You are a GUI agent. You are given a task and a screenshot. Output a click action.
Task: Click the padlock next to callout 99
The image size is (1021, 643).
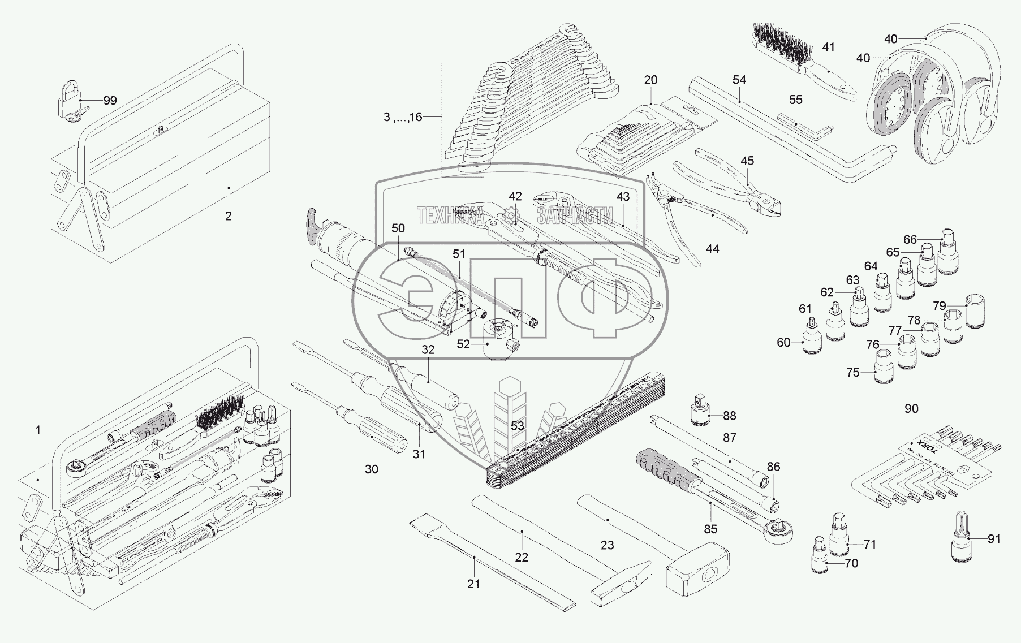pos(67,99)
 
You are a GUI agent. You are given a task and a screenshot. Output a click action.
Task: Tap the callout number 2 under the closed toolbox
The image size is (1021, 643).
pos(229,216)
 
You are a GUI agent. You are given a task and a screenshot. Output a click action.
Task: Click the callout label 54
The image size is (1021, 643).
pos(739,80)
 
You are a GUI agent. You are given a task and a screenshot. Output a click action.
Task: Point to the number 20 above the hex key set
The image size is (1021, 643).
pos(651,80)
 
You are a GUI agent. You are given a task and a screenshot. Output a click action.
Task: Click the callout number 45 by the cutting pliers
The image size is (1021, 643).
pos(747,161)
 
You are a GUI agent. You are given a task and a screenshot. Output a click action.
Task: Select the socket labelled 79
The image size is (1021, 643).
pos(975,311)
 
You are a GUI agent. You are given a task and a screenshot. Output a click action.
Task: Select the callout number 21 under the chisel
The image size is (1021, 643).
pos(473,584)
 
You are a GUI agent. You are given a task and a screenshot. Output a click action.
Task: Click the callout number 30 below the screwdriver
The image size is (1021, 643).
pos(371,469)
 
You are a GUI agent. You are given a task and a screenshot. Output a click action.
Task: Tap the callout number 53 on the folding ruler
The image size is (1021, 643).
pos(518,426)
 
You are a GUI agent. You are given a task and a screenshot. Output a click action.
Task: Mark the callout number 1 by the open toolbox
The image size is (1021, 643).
pos(38,430)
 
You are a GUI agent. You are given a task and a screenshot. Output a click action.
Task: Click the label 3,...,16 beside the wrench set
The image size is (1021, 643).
pos(402,118)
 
